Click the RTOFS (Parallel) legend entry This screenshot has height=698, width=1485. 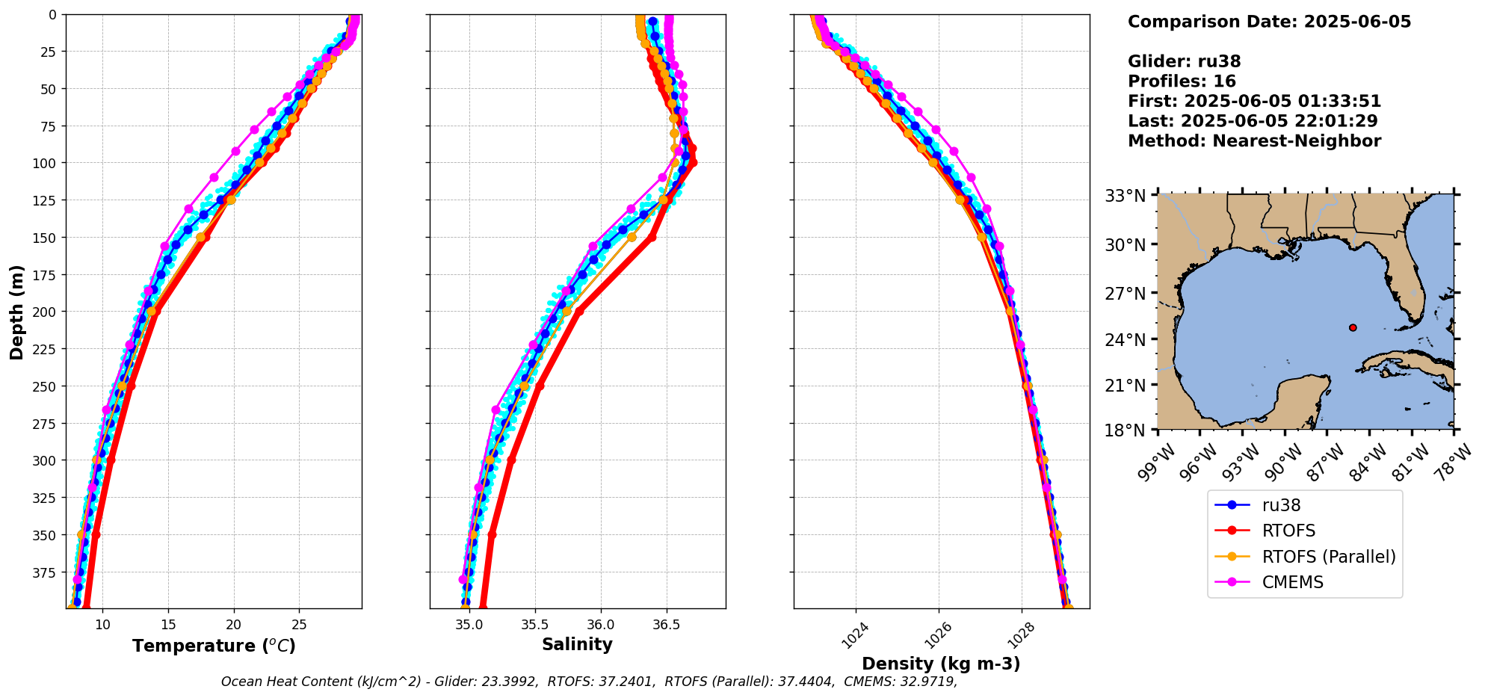[x=1328, y=557]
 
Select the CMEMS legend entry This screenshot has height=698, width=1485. [x=1292, y=582]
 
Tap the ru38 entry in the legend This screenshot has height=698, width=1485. [x=1281, y=505]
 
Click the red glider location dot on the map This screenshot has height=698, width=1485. [x=1353, y=327]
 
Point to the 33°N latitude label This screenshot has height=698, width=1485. [x=1125, y=196]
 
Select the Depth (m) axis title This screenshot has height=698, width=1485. [x=16, y=312]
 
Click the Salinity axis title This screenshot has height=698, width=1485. [x=577, y=644]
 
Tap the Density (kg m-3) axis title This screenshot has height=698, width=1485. [x=941, y=664]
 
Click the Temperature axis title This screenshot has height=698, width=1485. [x=214, y=646]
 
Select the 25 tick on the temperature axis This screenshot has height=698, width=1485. [x=299, y=625]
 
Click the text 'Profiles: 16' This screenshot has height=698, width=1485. [x=1182, y=81]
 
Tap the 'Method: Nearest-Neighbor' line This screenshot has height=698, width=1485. [x=1254, y=141]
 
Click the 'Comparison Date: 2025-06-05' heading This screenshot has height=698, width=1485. [x=1269, y=22]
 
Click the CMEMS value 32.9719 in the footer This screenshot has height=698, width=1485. [x=924, y=682]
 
